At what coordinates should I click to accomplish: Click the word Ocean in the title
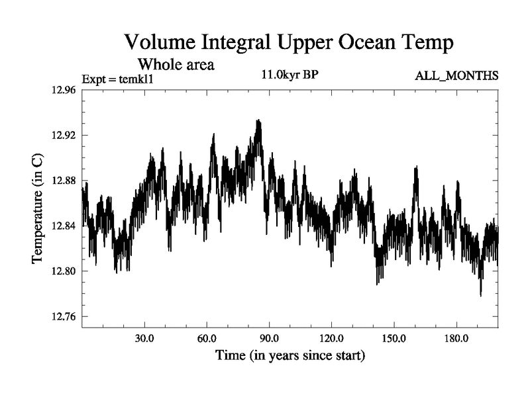(371, 43)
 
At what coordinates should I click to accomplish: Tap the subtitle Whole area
(176, 65)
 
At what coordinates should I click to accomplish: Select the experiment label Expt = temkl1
(117, 79)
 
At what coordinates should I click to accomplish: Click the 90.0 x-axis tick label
(269, 338)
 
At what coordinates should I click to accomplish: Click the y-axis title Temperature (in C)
(38, 208)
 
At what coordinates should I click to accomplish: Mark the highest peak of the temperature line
(258, 120)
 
